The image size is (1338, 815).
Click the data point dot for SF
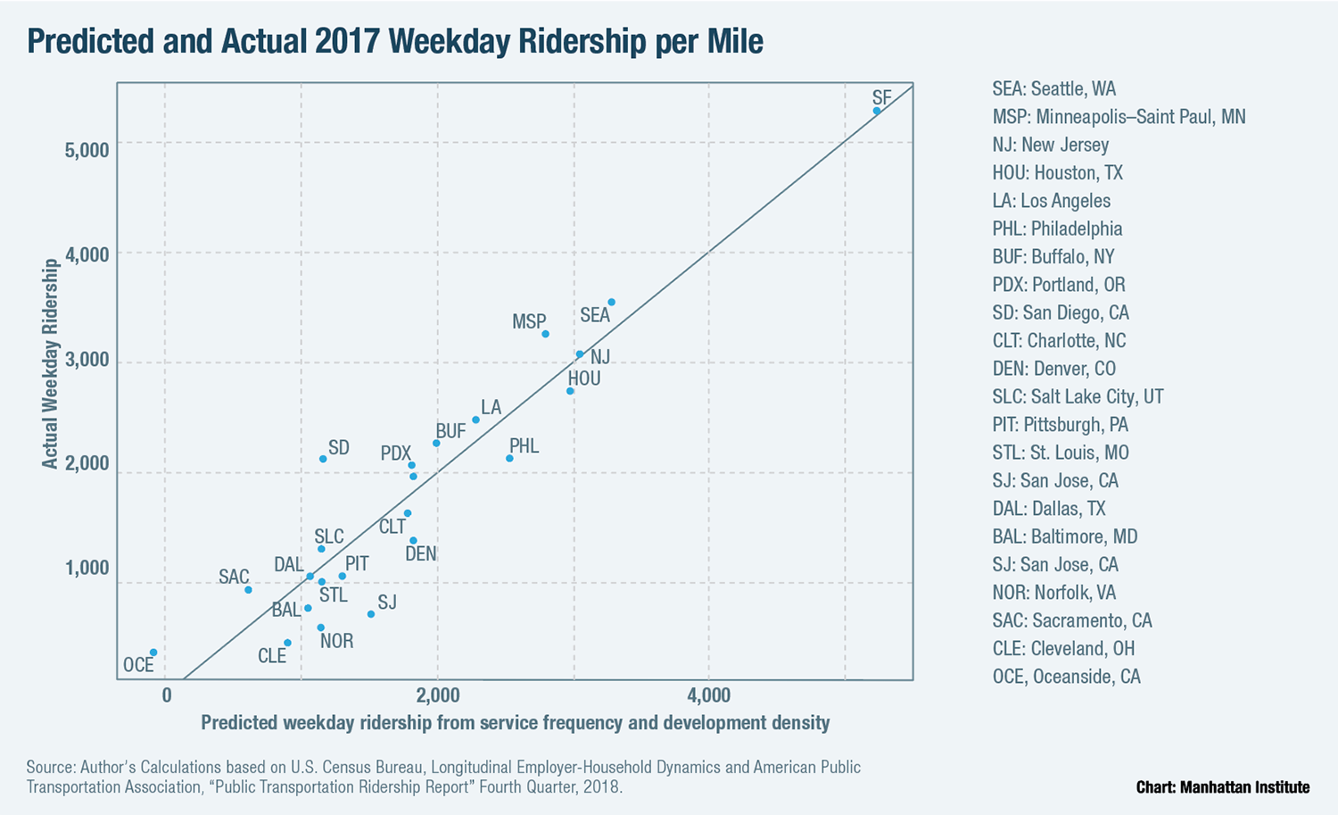(x=877, y=111)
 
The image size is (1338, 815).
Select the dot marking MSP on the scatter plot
(x=545, y=334)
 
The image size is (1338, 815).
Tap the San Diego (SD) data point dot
(x=323, y=459)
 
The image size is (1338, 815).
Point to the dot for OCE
(x=153, y=653)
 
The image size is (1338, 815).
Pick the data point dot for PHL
(x=509, y=458)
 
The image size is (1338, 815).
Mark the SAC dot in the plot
(x=248, y=589)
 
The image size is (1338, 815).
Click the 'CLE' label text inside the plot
(x=272, y=656)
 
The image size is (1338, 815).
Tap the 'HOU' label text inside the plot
(x=584, y=378)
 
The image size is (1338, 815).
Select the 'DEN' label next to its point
(x=421, y=553)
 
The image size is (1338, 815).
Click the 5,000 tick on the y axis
(x=87, y=149)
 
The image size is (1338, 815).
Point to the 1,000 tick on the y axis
(x=87, y=569)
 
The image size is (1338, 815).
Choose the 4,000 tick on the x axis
(x=709, y=695)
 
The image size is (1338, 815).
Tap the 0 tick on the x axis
(x=167, y=695)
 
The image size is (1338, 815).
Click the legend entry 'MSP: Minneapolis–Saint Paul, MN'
(x=1119, y=117)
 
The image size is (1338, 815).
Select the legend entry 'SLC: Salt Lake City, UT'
(x=1078, y=396)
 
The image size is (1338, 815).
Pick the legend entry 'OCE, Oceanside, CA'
(x=1066, y=677)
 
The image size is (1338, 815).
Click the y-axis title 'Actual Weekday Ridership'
(x=50, y=363)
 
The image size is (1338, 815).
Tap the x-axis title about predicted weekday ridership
(x=515, y=723)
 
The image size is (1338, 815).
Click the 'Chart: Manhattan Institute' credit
(x=1222, y=786)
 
